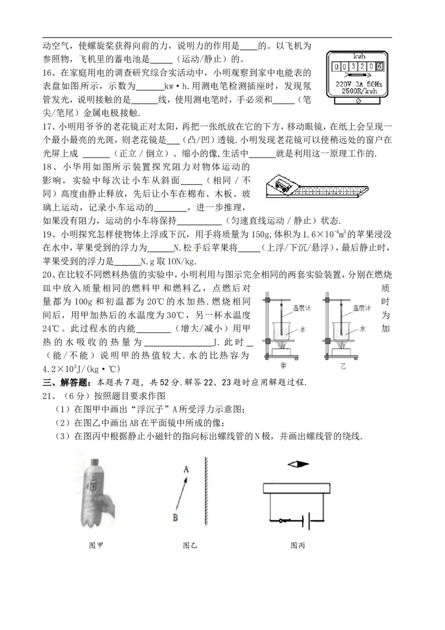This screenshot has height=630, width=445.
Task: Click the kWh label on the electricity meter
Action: pyautogui.click(x=359, y=57)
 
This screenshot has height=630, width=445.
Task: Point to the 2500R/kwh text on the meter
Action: pyautogui.click(x=359, y=91)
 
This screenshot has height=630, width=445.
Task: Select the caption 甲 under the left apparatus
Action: pyautogui.click(x=283, y=366)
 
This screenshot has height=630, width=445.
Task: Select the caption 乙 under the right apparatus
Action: pyautogui.click(x=343, y=366)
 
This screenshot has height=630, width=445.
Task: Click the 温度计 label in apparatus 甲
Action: pyautogui.click(x=301, y=308)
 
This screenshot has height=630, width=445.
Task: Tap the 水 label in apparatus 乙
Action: pyautogui.click(x=362, y=329)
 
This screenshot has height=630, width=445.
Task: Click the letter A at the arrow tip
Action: pyautogui.click(x=186, y=469)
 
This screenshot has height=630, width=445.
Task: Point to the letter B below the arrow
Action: pyautogui.click(x=175, y=518)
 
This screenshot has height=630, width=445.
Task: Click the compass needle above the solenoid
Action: pyautogui.click(x=298, y=464)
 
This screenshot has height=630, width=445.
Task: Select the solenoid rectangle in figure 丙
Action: pyautogui.click(x=296, y=488)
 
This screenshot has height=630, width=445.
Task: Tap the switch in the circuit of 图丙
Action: pyautogui.click(x=284, y=521)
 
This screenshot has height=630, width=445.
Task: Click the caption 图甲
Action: pyautogui.click(x=96, y=545)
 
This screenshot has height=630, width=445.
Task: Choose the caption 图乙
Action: pyautogui.click(x=190, y=545)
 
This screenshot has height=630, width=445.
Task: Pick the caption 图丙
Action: pyautogui.click(x=298, y=545)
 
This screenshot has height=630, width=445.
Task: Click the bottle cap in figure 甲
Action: pyautogui.click(x=95, y=462)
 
